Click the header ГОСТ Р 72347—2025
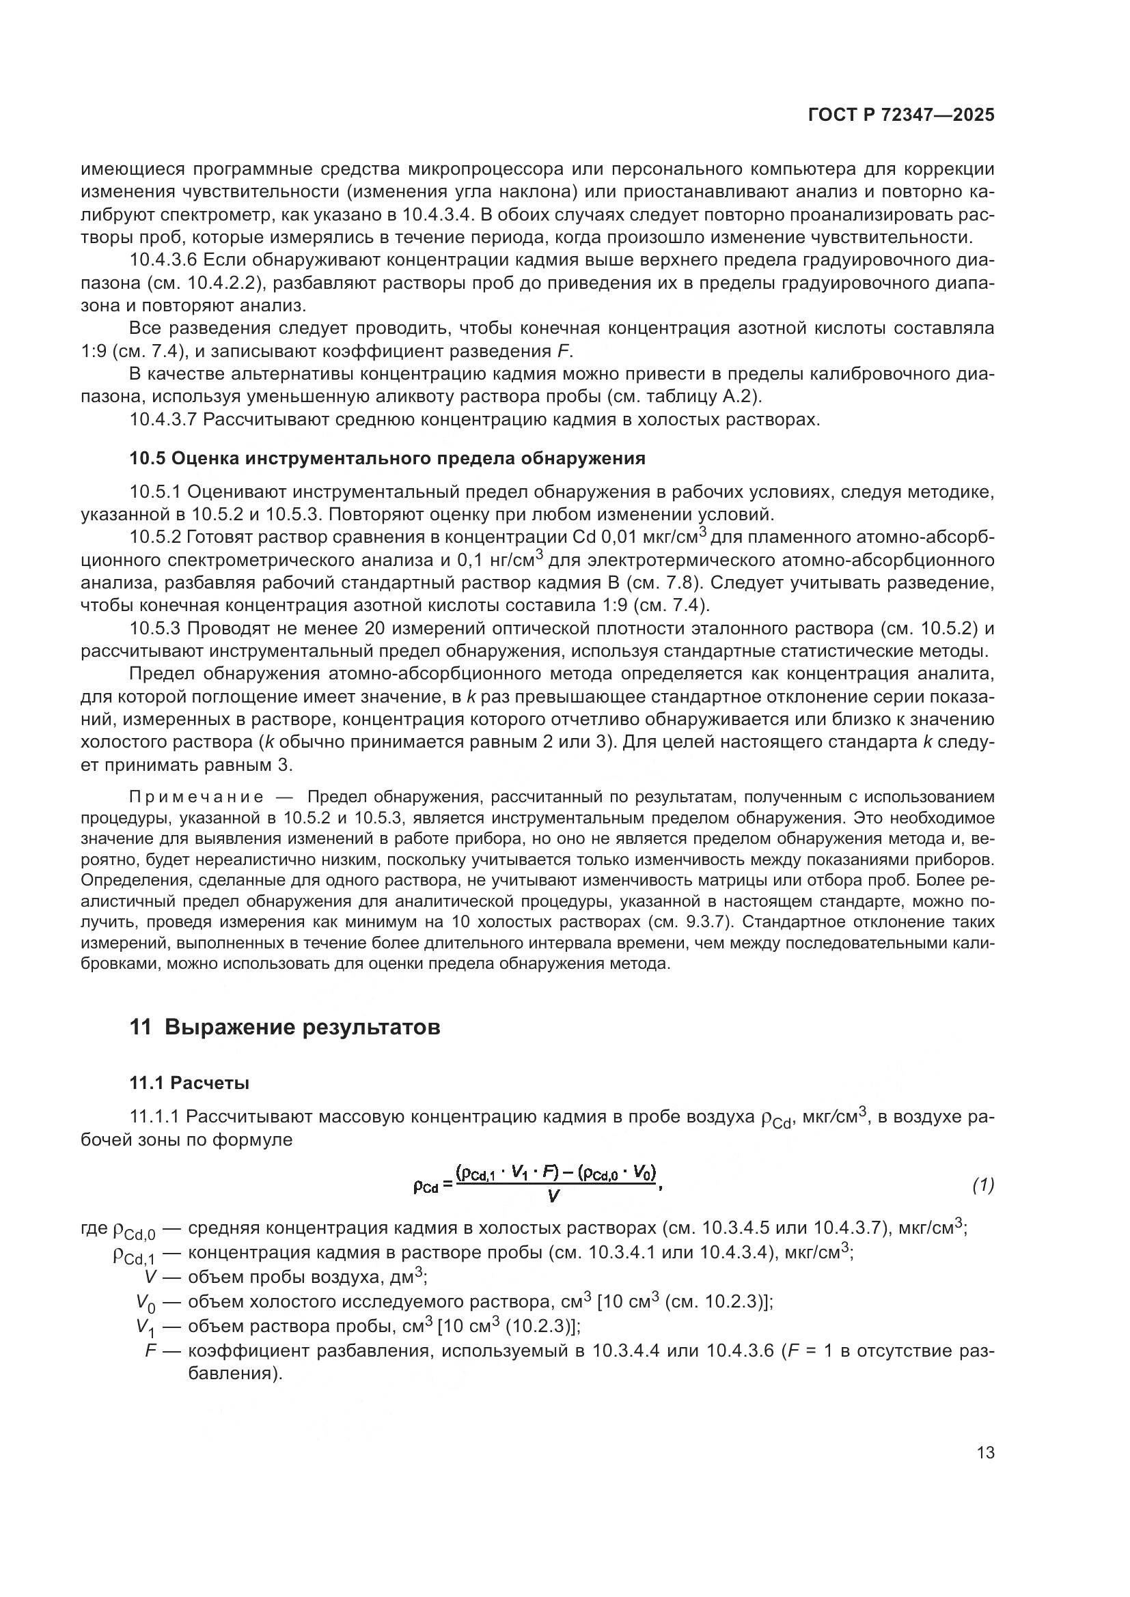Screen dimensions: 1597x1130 click(901, 115)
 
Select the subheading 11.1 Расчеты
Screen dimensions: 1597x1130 click(189, 1083)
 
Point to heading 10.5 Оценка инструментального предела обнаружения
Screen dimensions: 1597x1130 click(387, 458)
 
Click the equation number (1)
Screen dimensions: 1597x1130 click(982, 1185)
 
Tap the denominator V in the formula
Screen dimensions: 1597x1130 click(554, 1196)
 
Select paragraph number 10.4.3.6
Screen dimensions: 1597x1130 click(164, 261)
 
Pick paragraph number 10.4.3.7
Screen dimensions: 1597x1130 click(164, 420)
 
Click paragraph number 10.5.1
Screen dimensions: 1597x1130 click(154, 492)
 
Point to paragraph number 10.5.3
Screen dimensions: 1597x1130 click(154, 629)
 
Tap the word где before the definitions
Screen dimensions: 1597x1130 click(94, 1228)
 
